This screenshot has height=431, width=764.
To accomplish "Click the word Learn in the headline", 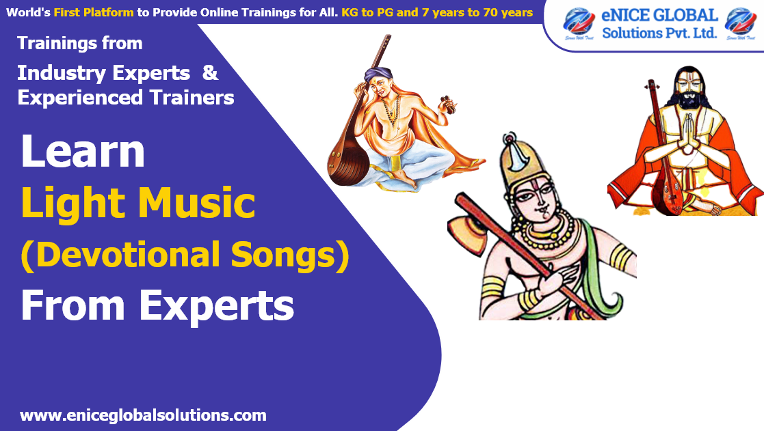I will [83, 151].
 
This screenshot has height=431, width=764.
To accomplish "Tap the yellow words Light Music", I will [139, 204].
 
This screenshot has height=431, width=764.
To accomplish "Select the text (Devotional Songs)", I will [185, 255].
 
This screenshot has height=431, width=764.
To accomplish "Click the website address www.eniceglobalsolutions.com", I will [143, 415].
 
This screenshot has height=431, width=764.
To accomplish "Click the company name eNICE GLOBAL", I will [659, 16].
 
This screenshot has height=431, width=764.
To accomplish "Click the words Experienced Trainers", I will [126, 98].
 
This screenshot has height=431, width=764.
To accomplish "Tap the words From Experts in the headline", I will [157, 305].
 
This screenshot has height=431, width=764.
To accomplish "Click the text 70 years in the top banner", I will [508, 12].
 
